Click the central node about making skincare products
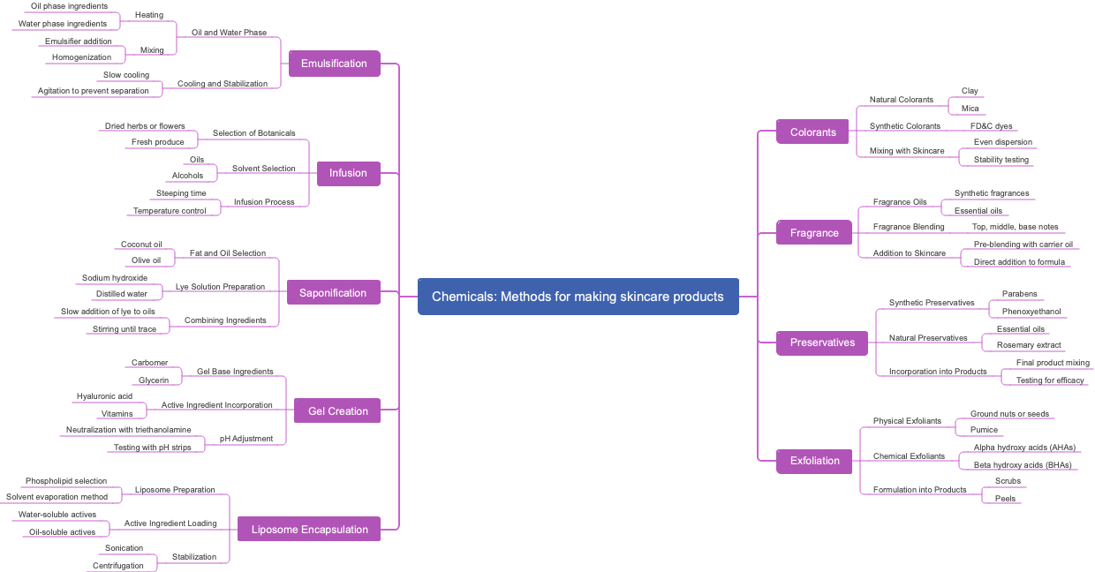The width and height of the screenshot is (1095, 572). click(578, 297)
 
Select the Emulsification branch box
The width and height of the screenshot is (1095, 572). click(334, 64)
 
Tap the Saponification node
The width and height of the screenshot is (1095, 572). click(333, 293)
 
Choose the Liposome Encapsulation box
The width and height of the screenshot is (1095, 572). click(309, 530)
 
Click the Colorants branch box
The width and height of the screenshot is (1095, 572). click(812, 132)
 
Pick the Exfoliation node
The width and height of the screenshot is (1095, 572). click(814, 461)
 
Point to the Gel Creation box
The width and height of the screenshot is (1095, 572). click(337, 411)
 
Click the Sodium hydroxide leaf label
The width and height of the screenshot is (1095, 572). click(115, 278)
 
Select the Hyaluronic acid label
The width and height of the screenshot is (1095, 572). click(104, 396)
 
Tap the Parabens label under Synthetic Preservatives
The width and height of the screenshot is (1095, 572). click(1019, 294)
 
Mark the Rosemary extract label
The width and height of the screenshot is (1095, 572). click(1029, 345)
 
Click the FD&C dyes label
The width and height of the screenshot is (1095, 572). click(991, 126)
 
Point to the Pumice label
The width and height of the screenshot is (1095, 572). click(984, 430)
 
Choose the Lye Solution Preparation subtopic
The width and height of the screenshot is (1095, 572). click(220, 287)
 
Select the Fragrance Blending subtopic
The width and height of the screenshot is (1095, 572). click(909, 227)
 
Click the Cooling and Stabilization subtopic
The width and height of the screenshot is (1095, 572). click(222, 84)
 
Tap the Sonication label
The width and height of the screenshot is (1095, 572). click(124, 548)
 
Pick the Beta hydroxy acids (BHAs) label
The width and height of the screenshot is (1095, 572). click(1023, 465)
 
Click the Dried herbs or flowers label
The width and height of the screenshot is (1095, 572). click(145, 126)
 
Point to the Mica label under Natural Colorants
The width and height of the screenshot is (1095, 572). click(970, 109)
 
